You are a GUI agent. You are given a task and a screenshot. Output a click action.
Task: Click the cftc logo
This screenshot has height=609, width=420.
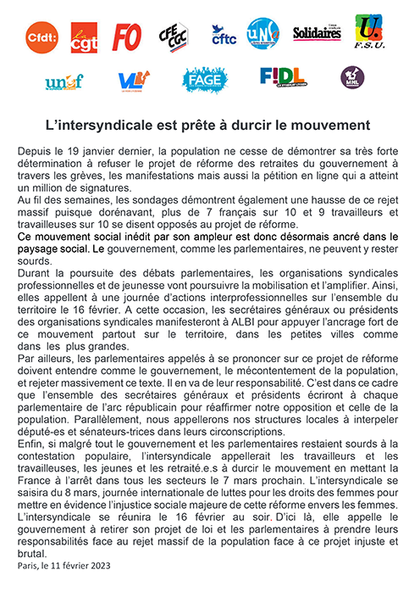click(x=224, y=35)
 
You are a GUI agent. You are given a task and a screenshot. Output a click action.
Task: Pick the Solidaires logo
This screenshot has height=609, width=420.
click(x=317, y=34)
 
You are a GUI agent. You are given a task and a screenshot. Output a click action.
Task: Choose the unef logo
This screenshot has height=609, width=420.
click(x=64, y=81)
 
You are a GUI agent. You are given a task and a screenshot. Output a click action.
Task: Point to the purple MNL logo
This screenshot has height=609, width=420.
click(x=352, y=78)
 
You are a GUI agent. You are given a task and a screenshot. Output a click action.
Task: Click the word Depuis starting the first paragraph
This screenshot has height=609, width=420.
click(x=35, y=150)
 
